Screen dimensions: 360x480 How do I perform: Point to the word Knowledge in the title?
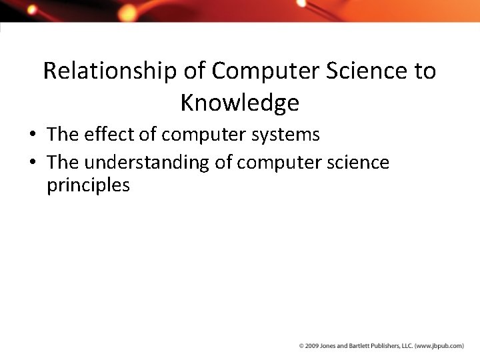[239, 103]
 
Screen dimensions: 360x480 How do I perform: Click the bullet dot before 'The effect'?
[32, 135]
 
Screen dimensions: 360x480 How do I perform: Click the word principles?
[88, 186]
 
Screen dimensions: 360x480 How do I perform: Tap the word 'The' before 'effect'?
[63, 135]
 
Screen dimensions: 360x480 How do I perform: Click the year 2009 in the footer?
[312, 346]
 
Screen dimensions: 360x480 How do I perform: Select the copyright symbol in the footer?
[301, 346]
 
